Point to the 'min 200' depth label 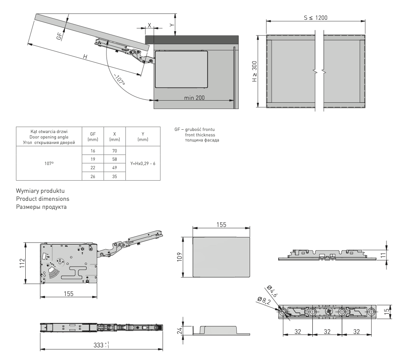coord(194,97)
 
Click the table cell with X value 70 coord(115,150)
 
